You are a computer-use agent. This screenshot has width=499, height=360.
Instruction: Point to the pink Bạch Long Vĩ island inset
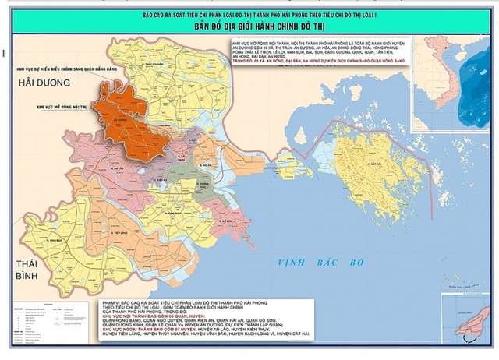click(469, 319)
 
